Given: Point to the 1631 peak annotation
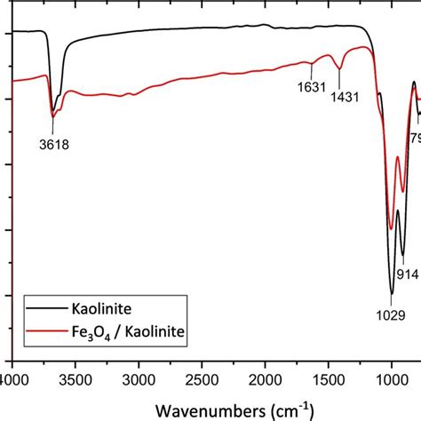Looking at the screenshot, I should pyautogui.click(x=299, y=87).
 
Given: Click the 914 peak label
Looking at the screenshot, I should pyautogui.click(x=408, y=274).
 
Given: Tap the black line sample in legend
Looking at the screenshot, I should pyautogui.click(x=44, y=310).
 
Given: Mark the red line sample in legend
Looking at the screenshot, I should pyautogui.click(x=44, y=334).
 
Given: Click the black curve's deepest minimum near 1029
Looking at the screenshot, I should pyautogui.click(x=392, y=294).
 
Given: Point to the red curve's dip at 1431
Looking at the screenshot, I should pyautogui.click(x=339, y=68).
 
